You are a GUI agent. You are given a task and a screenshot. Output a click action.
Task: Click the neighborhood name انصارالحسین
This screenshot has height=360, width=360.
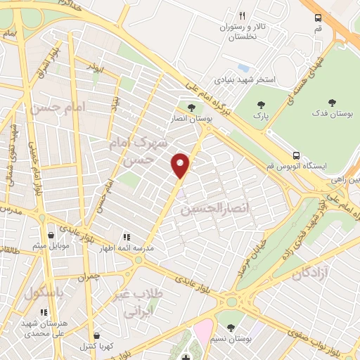208,210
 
